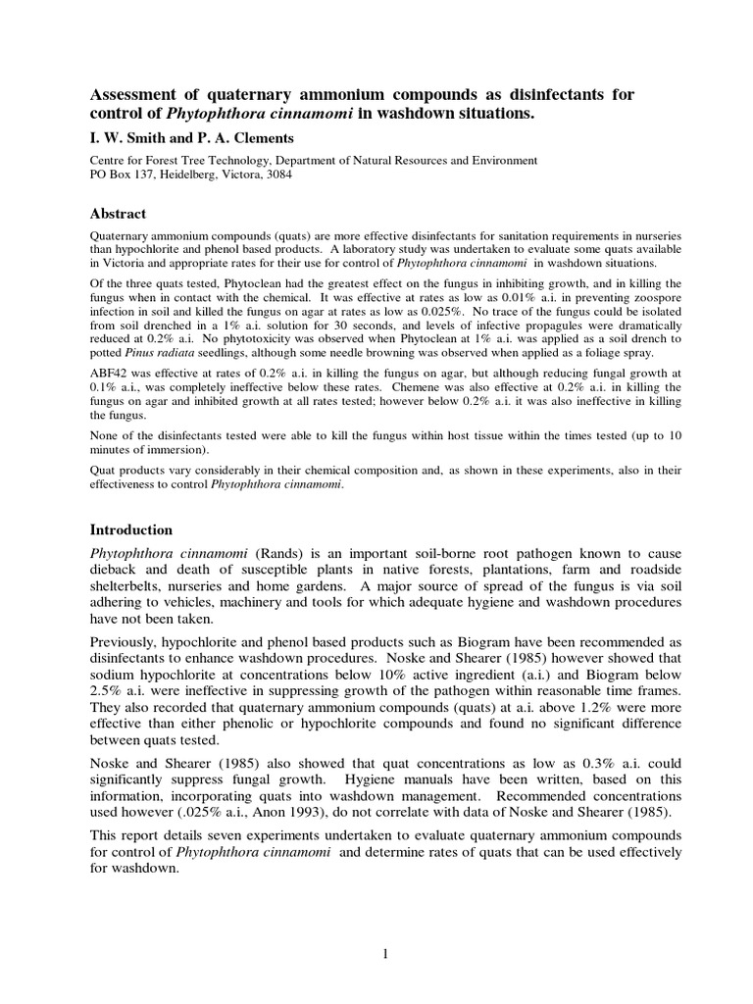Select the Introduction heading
point(131,529)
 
